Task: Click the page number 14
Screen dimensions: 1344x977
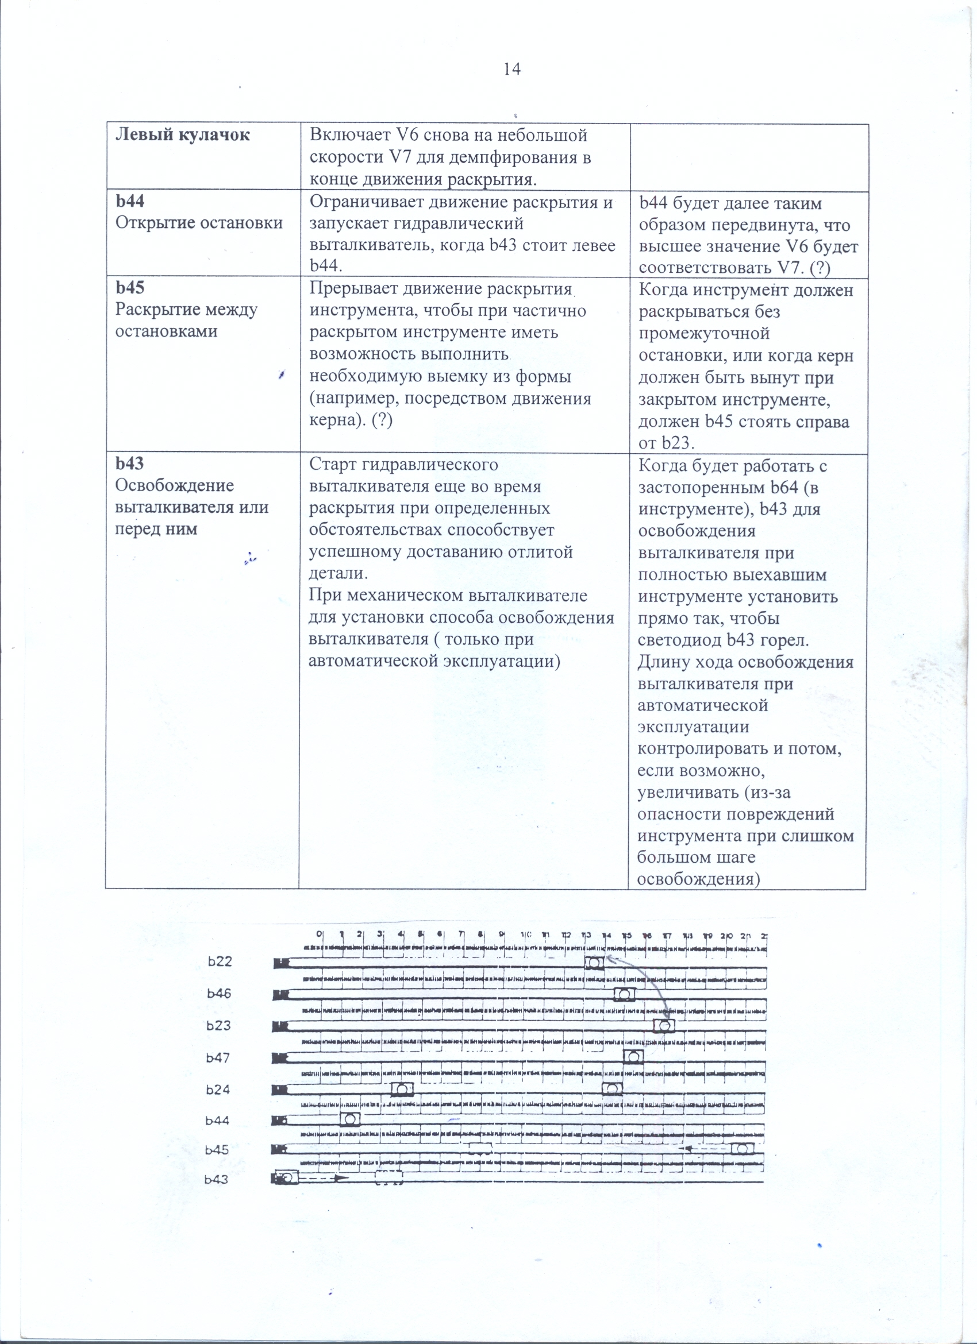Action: point(511,69)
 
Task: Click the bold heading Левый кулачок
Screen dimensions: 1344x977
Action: point(183,135)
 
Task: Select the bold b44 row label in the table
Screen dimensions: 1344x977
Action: point(130,202)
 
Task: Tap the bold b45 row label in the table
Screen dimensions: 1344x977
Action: point(130,287)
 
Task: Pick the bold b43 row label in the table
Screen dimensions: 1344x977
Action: point(130,464)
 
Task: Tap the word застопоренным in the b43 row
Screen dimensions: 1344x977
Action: point(702,488)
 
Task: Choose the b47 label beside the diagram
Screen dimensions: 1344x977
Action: point(218,1058)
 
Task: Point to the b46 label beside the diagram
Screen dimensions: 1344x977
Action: point(220,994)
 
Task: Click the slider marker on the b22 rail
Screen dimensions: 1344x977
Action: point(594,963)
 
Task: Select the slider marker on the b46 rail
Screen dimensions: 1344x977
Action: point(624,994)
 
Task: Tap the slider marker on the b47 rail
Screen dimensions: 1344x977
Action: point(633,1057)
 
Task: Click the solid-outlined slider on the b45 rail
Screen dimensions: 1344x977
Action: point(743,1149)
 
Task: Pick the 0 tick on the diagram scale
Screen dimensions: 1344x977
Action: point(320,934)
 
